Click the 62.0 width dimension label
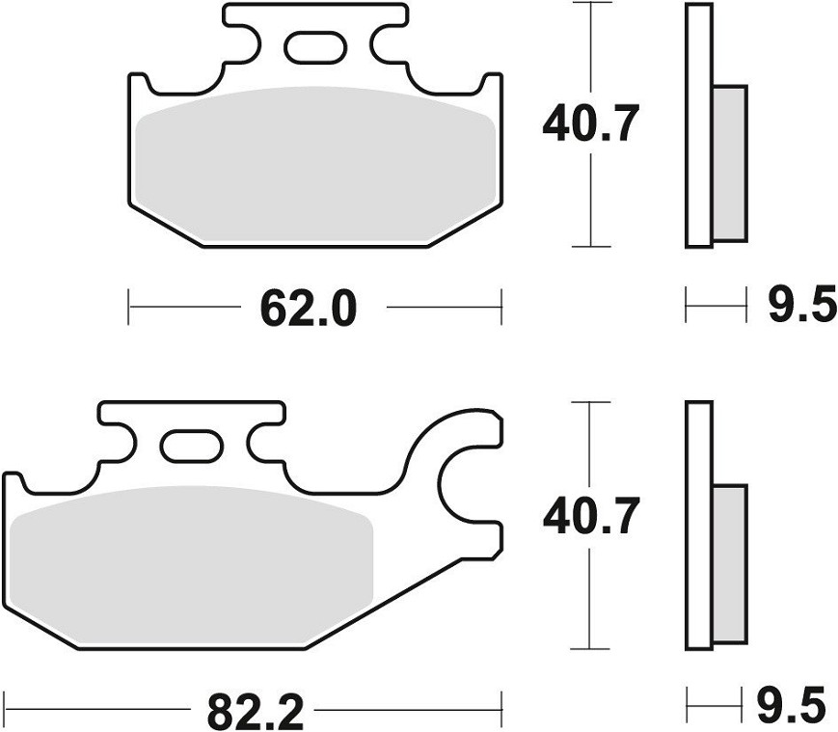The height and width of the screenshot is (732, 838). point(308,309)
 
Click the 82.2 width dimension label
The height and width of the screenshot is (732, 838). point(255,711)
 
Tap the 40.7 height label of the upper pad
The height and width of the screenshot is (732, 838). point(590,124)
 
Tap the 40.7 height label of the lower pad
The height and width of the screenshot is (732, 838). point(590,516)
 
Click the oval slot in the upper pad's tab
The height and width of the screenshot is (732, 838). point(315,47)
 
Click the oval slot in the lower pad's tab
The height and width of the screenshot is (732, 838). point(191,446)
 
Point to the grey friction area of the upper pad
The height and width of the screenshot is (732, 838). point(315,163)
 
